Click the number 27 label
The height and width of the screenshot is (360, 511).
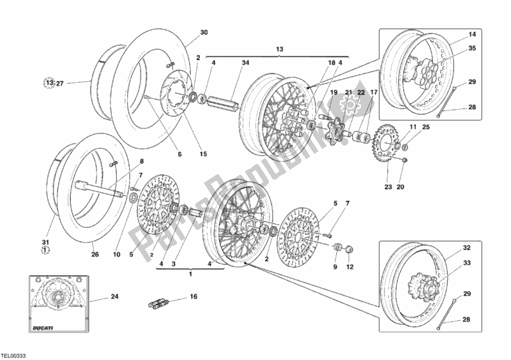60,82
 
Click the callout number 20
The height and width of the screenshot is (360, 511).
400,187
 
